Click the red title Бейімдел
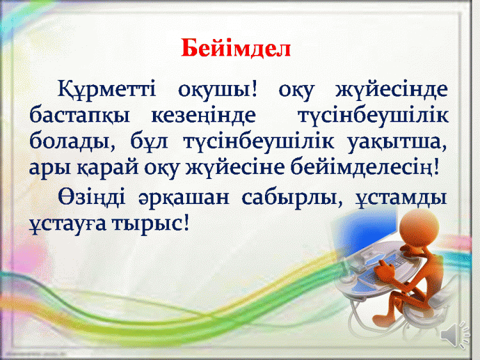click(236, 48)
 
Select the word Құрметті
click(106, 90)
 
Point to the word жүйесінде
click(392, 90)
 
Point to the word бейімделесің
click(365, 168)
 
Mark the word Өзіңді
click(92, 198)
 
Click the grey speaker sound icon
click(455, 334)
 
